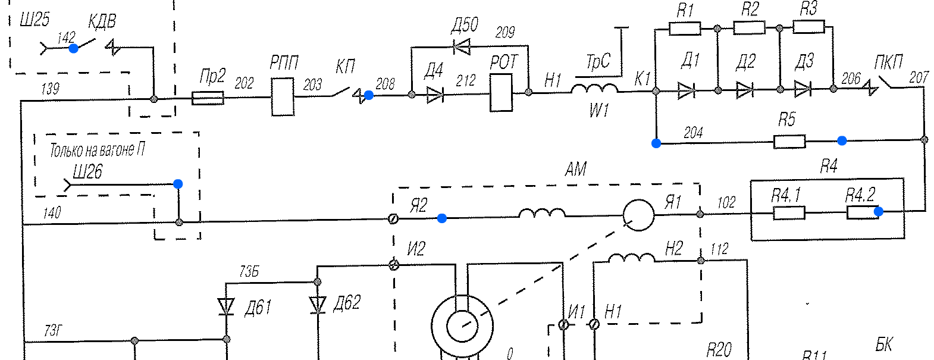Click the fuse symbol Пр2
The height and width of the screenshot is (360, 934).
pos(208,98)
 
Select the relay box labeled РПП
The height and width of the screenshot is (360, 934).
pos(283,96)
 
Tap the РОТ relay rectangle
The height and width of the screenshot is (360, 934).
pos(501,92)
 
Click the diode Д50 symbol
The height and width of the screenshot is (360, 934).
pos(461,46)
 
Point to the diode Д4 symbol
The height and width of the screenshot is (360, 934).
pos(435,95)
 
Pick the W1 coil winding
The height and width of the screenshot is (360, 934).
pos(594,90)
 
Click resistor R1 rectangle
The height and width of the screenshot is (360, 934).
pos(685,29)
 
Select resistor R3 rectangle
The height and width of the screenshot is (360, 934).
pos(808,27)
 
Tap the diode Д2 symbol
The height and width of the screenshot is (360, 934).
pos(745,90)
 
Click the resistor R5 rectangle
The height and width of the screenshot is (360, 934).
pos(789,142)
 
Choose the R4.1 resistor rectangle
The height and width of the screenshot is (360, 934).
pos(789,212)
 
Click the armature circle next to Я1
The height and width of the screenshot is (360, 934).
pos(638,215)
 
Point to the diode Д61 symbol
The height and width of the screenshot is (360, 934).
pos(226,306)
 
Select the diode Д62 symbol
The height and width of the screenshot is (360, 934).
pos(318,305)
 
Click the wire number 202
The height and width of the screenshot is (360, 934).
pos(244,83)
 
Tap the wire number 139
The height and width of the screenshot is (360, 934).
pos(50,89)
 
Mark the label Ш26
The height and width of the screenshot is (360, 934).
pos(87,173)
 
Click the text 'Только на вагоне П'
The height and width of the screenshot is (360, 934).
pos(97,150)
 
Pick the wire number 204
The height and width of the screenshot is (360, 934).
pos(693,132)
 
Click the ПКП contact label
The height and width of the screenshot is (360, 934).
pos(888,62)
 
